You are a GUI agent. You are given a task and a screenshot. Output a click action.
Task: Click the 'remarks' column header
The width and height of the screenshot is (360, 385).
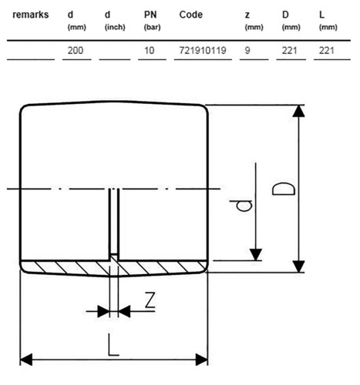(31, 15)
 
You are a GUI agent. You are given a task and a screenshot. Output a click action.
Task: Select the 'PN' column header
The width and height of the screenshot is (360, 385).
(150, 15)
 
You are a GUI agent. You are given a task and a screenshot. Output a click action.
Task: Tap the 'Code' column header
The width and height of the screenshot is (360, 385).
(191, 15)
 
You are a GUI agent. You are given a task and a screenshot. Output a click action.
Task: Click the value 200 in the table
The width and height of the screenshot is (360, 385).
(76, 50)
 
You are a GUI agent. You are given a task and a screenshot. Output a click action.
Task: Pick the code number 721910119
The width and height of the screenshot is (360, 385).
(203, 50)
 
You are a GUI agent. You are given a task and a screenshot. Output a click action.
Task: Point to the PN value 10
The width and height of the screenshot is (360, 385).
(149, 50)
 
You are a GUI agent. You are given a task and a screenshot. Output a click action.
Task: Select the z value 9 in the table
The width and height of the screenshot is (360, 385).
(247, 50)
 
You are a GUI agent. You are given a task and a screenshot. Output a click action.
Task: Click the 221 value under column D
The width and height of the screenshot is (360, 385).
(290, 50)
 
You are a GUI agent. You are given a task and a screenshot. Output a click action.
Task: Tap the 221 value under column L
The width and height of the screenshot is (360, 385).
(327, 50)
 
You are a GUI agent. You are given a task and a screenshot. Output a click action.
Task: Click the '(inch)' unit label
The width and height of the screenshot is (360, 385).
(115, 27)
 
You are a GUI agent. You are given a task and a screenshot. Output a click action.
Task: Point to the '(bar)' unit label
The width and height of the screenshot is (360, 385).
(152, 27)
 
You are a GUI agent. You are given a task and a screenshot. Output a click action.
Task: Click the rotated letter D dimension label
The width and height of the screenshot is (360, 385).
(284, 189)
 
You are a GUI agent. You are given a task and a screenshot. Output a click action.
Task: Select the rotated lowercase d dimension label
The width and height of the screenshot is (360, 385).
(241, 206)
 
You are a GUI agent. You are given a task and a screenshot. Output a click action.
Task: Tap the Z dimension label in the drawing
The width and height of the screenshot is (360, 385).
(150, 300)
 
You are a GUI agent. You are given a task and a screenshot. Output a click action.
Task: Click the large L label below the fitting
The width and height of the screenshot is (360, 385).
(113, 345)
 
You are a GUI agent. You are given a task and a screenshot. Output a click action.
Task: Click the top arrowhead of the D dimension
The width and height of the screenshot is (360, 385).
(298, 111)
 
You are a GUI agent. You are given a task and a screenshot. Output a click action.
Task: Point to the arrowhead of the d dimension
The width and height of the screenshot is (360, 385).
(256, 254)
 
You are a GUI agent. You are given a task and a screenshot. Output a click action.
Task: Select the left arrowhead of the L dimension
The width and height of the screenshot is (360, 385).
(26, 360)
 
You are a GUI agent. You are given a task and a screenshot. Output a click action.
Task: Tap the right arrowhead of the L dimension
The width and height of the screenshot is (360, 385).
(202, 360)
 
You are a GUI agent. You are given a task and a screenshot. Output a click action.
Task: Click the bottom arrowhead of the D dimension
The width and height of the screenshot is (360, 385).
(298, 266)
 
